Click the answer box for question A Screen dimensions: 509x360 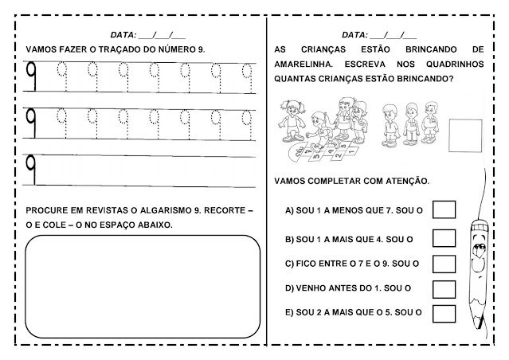tap(443, 209)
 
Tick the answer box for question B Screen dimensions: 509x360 tap(443, 237)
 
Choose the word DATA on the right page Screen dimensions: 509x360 tap(354, 35)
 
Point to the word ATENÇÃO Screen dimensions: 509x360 tap(407, 180)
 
